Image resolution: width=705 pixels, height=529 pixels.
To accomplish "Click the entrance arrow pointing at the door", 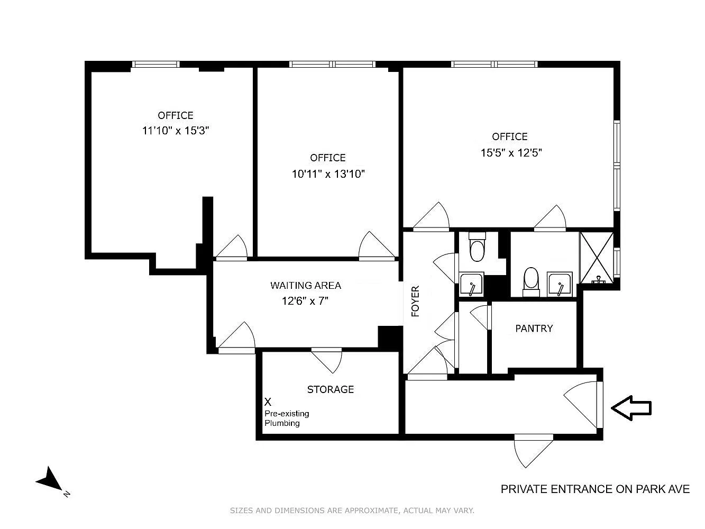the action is (x=631, y=408).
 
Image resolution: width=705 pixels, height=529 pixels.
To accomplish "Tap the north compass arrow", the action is (x=51, y=479).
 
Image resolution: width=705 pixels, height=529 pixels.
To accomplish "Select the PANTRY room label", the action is (x=534, y=329).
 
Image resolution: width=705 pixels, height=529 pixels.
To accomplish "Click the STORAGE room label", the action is (x=331, y=389).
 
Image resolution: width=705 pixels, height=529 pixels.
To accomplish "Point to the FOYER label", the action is (x=415, y=302).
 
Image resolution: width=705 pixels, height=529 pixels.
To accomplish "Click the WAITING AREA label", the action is (x=306, y=285).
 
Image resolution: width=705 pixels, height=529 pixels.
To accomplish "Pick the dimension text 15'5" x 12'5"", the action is (x=511, y=152).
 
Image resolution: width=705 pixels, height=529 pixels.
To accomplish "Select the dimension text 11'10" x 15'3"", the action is (x=176, y=131).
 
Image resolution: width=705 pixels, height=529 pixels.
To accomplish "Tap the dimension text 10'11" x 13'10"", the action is (x=328, y=174).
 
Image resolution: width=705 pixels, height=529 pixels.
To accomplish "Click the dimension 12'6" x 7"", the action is (x=305, y=301).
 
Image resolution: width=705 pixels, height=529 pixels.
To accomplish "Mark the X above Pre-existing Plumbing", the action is (x=268, y=402).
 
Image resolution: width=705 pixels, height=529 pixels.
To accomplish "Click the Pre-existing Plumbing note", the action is (x=287, y=418).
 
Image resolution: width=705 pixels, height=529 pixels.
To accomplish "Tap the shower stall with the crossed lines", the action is (x=597, y=258).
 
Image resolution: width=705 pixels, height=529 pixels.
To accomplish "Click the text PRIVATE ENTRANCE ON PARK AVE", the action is (x=595, y=489).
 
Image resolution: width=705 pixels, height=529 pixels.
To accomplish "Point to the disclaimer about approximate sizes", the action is (x=352, y=510).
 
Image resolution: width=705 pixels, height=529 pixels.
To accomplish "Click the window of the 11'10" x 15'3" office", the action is (x=156, y=64).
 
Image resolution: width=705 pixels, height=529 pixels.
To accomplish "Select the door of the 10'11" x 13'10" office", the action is (x=377, y=245).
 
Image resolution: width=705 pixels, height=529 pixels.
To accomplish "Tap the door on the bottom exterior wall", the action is (x=533, y=451).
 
